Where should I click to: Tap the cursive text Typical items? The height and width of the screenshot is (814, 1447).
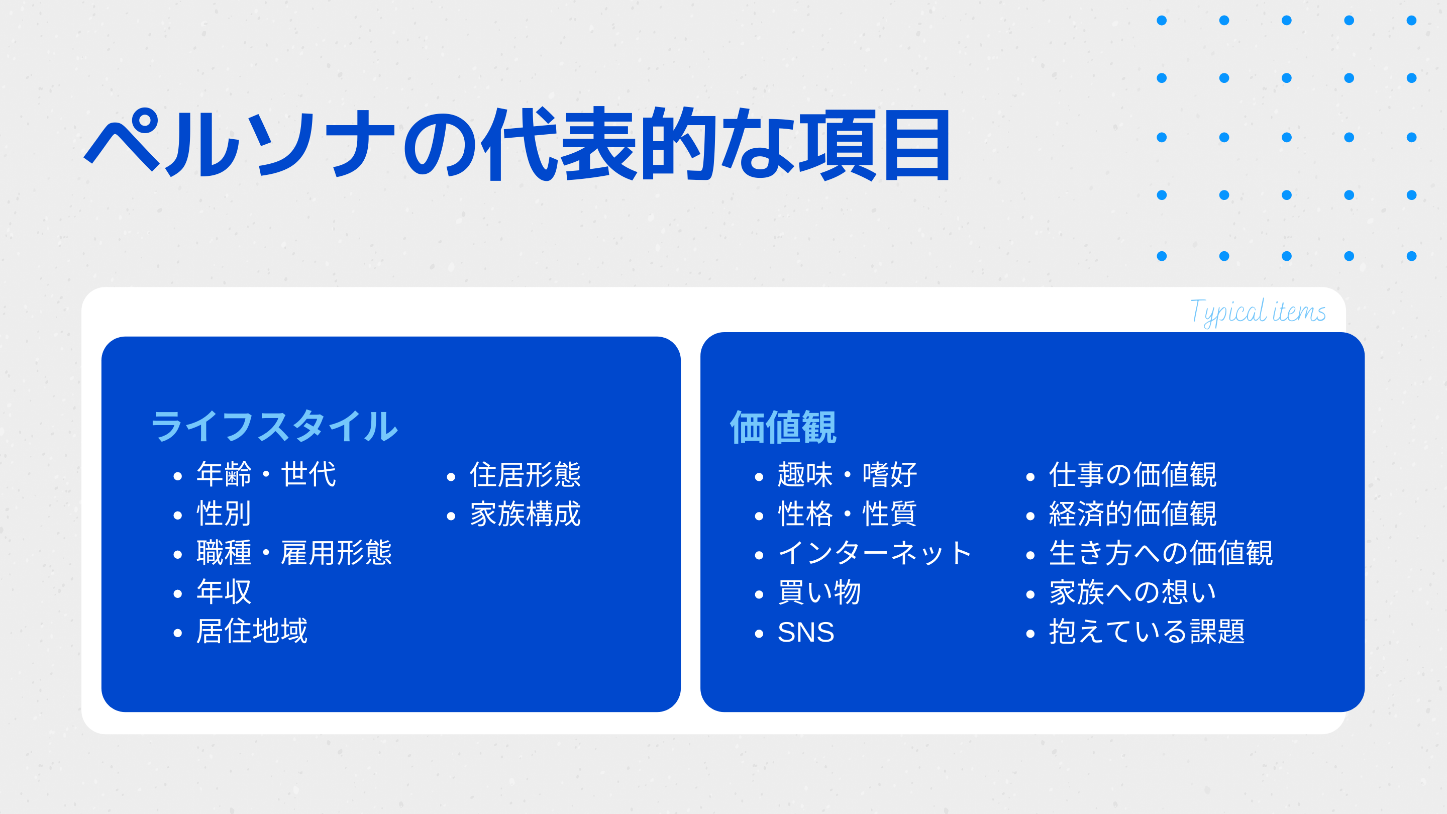tap(1258, 313)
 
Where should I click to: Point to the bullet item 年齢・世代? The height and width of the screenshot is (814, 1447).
tap(266, 474)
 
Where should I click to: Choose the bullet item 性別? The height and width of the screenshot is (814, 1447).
tap(224, 514)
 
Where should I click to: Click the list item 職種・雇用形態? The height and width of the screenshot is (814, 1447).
tap(294, 553)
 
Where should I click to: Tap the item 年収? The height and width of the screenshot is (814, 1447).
tap(224, 591)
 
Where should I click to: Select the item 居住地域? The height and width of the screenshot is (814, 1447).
tap(252, 631)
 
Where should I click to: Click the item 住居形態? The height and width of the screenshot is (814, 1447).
tap(525, 475)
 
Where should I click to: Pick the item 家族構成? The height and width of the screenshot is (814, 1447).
tap(525, 514)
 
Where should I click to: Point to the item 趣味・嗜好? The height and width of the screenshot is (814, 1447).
tap(847, 475)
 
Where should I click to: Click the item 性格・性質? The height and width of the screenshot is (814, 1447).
tap(847, 514)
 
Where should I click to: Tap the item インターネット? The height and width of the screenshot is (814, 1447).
tap(875, 553)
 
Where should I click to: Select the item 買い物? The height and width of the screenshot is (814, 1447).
tap(819, 592)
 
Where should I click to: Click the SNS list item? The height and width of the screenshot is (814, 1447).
tap(806, 633)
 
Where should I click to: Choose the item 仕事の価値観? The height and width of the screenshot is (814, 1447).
tap(1132, 475)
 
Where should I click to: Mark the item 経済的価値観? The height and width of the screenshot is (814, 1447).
tap(1132, 514)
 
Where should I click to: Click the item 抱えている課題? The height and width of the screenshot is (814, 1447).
tap(1147, 632)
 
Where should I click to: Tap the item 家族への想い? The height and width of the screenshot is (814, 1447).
tap(1132, 592)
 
